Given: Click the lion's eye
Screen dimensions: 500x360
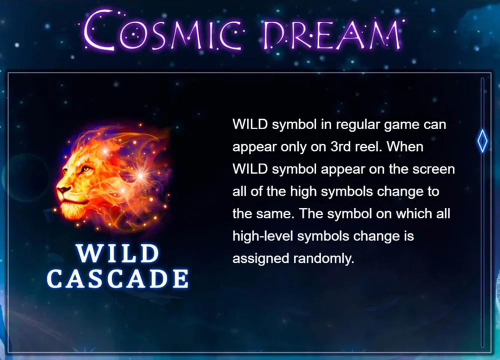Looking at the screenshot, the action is point(86,168).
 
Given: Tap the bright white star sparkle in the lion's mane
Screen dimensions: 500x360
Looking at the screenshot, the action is point(140,174).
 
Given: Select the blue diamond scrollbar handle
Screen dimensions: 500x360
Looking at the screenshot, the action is point(482,140).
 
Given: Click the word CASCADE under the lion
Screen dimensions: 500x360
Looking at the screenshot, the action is point(117,278).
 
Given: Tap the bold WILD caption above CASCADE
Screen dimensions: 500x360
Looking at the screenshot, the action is point(117,253).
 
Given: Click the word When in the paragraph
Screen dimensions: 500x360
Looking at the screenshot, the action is point(405,146).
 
